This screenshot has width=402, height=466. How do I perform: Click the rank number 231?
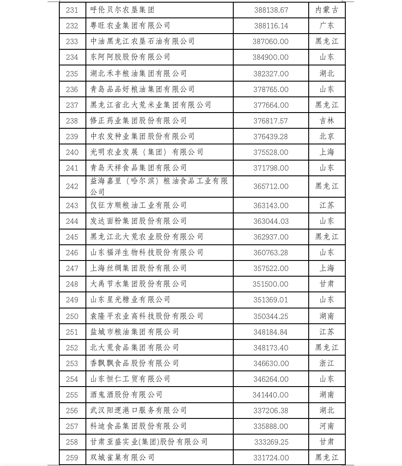pos(72,10)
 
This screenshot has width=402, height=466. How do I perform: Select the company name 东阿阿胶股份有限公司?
pos(130,57)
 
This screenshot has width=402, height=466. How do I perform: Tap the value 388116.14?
pos(271,26)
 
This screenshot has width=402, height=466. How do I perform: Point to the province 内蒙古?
pos(327,10)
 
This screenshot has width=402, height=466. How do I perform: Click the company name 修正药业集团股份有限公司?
pos(138,120)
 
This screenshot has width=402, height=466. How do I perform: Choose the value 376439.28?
pos(271,137)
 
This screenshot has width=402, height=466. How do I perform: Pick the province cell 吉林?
pos(327,121)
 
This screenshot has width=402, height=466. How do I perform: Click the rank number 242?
pos(72,186)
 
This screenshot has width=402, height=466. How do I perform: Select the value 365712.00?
pos(271,186)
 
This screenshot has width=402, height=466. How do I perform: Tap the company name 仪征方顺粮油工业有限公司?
pos(138,205)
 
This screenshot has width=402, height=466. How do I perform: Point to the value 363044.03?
pos(271,221)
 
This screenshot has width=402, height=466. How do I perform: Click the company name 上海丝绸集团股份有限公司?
pos(138,268)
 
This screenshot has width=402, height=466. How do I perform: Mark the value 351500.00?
pos(271,284)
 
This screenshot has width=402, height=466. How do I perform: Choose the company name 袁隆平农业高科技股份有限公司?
pos(146,316)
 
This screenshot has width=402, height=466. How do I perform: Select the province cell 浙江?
pos(327,363)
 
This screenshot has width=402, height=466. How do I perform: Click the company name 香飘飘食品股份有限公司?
pos(134,363)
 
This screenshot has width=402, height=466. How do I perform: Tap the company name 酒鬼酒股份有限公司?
pos(126,394)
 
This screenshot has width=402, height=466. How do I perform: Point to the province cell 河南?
pos(327,426)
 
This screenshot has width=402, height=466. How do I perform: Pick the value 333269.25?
pos(271,442)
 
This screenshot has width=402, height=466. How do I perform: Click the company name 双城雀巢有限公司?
pos(122,457)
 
